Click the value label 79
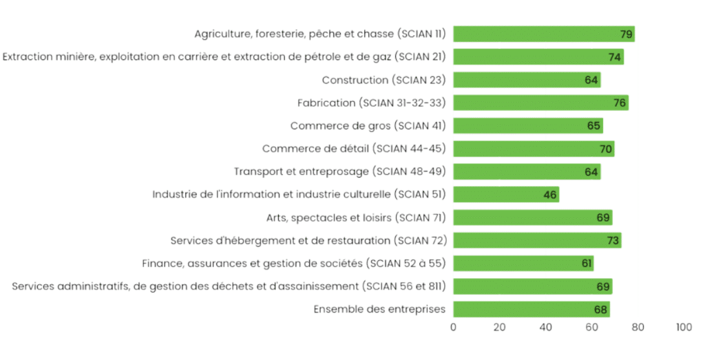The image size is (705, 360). point(626,34)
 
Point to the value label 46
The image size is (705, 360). point(549,195)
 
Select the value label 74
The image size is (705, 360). point(615,57)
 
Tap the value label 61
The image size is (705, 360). point(585,264)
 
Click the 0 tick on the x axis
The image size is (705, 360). point(453,328)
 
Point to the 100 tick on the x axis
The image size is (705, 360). point(684,328)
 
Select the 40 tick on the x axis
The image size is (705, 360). point(545,328)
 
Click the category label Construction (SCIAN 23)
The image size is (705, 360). point(383,80)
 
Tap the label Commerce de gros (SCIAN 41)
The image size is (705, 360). point(368,126)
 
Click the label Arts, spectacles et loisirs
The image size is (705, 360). point(356,218)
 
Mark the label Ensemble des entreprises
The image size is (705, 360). point(379,309)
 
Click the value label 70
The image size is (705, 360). point(606,149)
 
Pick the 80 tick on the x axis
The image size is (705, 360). point(638,328)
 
